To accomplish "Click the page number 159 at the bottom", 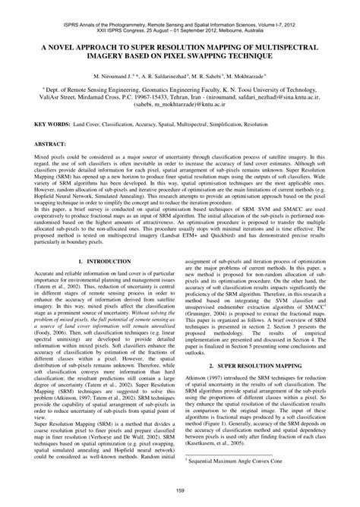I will coord(180,496).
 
